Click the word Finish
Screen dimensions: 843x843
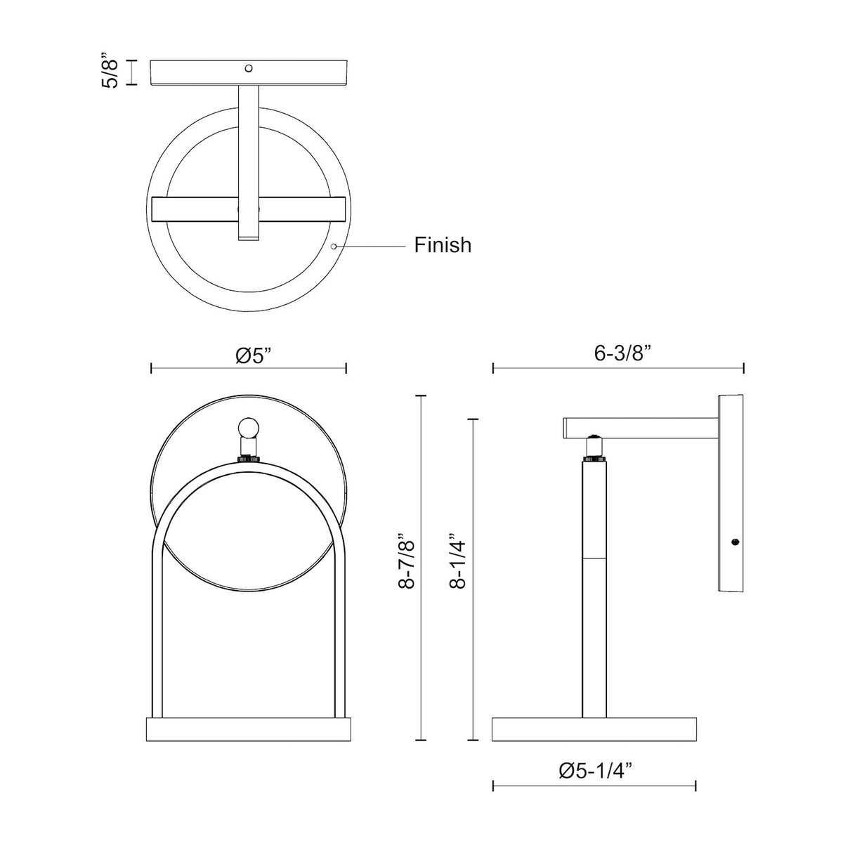[x=443, y=245]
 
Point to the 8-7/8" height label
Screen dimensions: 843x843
[x=407, y=561]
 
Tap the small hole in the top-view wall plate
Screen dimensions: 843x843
[x=249, y=68]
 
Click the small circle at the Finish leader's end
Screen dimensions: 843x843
[x=334, y=247]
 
